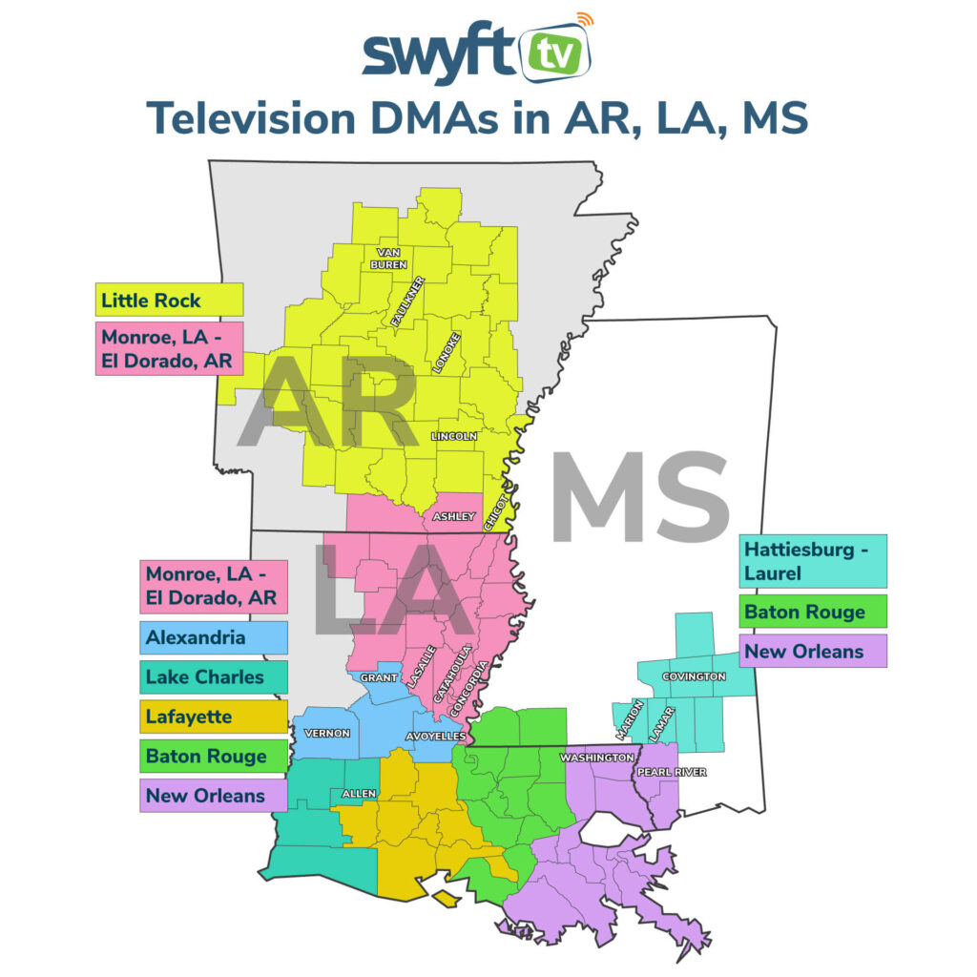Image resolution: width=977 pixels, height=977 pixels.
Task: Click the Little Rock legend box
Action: tap(169, 301)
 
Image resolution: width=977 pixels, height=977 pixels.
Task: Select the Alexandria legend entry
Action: tap(214, 637)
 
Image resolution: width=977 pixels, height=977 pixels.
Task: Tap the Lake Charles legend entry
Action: tap(214, 677)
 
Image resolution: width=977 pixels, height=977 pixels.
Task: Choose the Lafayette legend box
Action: tap(214, 717)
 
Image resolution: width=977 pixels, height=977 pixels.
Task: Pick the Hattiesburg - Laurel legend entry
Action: tap(814, 561)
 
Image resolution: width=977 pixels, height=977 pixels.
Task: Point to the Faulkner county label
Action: tap(407, 302)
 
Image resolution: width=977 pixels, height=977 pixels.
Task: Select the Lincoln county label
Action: tap(453, 436)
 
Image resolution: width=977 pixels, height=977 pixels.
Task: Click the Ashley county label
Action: tap(453, 516)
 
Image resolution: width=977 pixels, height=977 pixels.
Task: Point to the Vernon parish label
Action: tap(327, 734)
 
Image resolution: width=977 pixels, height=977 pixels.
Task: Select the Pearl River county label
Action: tap(672, 772)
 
